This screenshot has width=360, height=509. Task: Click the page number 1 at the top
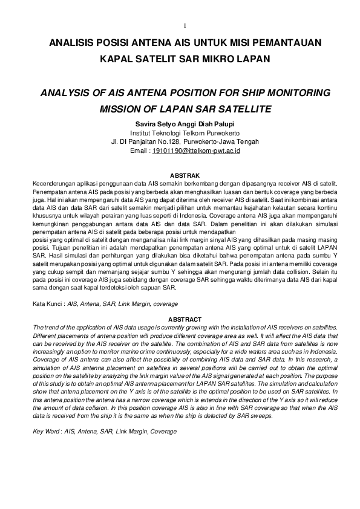[184, 25]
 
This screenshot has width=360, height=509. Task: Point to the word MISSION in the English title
[119, 111]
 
